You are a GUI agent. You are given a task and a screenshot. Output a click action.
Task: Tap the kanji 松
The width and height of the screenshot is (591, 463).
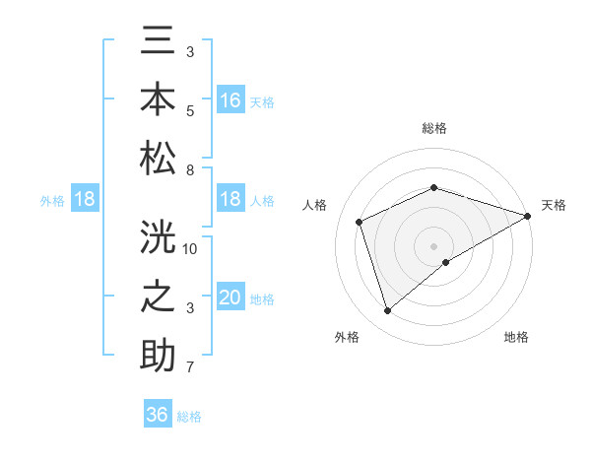[158, 159]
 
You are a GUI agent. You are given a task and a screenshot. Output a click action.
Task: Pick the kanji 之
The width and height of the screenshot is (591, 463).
[158, 297]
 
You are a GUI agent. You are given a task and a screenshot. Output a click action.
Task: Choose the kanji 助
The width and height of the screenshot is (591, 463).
[158, 356]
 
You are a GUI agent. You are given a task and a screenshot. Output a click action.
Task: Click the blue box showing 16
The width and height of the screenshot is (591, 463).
[230, 100]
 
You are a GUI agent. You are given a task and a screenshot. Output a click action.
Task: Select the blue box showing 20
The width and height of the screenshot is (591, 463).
[230, 298]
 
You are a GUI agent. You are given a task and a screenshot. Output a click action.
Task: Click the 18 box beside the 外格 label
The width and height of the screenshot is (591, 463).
[84, 200]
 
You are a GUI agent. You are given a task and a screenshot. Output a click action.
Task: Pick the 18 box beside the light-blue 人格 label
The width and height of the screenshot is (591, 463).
[230, 200]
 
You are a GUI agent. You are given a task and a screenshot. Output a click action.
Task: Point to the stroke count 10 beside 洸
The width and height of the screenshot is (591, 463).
[190, 248]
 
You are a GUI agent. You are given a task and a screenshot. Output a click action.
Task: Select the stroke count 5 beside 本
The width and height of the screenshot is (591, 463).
[189, 111]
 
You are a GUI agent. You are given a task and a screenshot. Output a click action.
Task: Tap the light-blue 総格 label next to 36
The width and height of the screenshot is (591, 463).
[189, 417]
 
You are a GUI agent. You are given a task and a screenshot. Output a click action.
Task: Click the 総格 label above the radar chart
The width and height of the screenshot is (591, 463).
[434, 128]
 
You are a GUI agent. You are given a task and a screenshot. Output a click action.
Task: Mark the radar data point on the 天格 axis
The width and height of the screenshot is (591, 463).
[529, 217]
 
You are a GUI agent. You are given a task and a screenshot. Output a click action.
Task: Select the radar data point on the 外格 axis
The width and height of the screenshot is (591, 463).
[387, 311]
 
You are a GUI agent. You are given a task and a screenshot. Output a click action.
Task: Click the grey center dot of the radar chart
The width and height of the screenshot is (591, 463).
[434, 244]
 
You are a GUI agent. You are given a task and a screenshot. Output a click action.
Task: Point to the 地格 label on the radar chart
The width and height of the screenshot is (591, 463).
[516, 337]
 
